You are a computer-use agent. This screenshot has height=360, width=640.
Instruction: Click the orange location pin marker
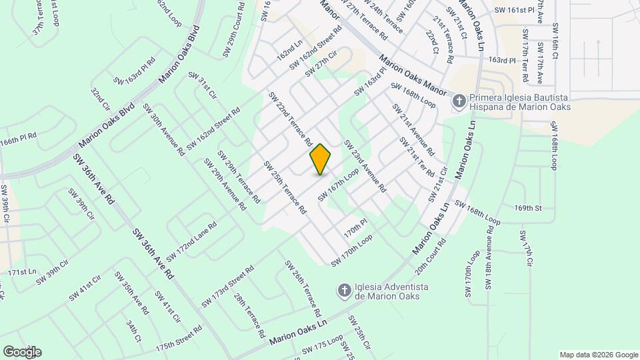(x=320, y=159)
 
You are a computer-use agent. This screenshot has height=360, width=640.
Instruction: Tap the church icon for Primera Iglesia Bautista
(x=459, y=101)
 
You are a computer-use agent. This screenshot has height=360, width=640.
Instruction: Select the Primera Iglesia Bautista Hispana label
(x=520, y=101)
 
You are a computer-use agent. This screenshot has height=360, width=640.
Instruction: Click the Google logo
(x=22, y=351)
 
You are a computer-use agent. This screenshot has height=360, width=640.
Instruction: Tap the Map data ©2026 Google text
(x=598, y=355)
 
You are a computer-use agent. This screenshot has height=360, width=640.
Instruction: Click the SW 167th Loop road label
(x=339, y=185)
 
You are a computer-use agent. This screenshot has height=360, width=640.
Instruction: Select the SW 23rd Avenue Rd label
(x=365, y=166)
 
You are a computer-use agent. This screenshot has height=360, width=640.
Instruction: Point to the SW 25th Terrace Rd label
(x=285, y=187)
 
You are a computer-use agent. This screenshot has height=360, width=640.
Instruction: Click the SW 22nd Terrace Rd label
(x=291, y=119)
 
